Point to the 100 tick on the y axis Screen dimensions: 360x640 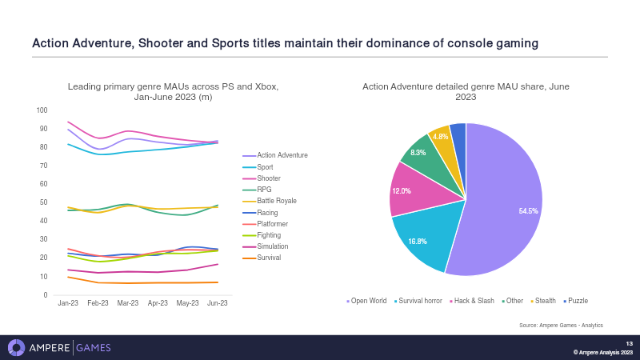42,110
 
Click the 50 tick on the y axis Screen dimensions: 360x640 44,202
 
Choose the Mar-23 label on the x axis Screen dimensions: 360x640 128,304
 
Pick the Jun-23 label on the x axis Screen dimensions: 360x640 217,304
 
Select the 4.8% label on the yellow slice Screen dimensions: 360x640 441,137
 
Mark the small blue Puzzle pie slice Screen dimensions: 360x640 458,131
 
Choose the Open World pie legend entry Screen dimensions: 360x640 368,301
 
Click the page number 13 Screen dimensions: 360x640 629,343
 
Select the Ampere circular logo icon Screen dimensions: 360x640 17,348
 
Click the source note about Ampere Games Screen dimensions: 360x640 560,325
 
